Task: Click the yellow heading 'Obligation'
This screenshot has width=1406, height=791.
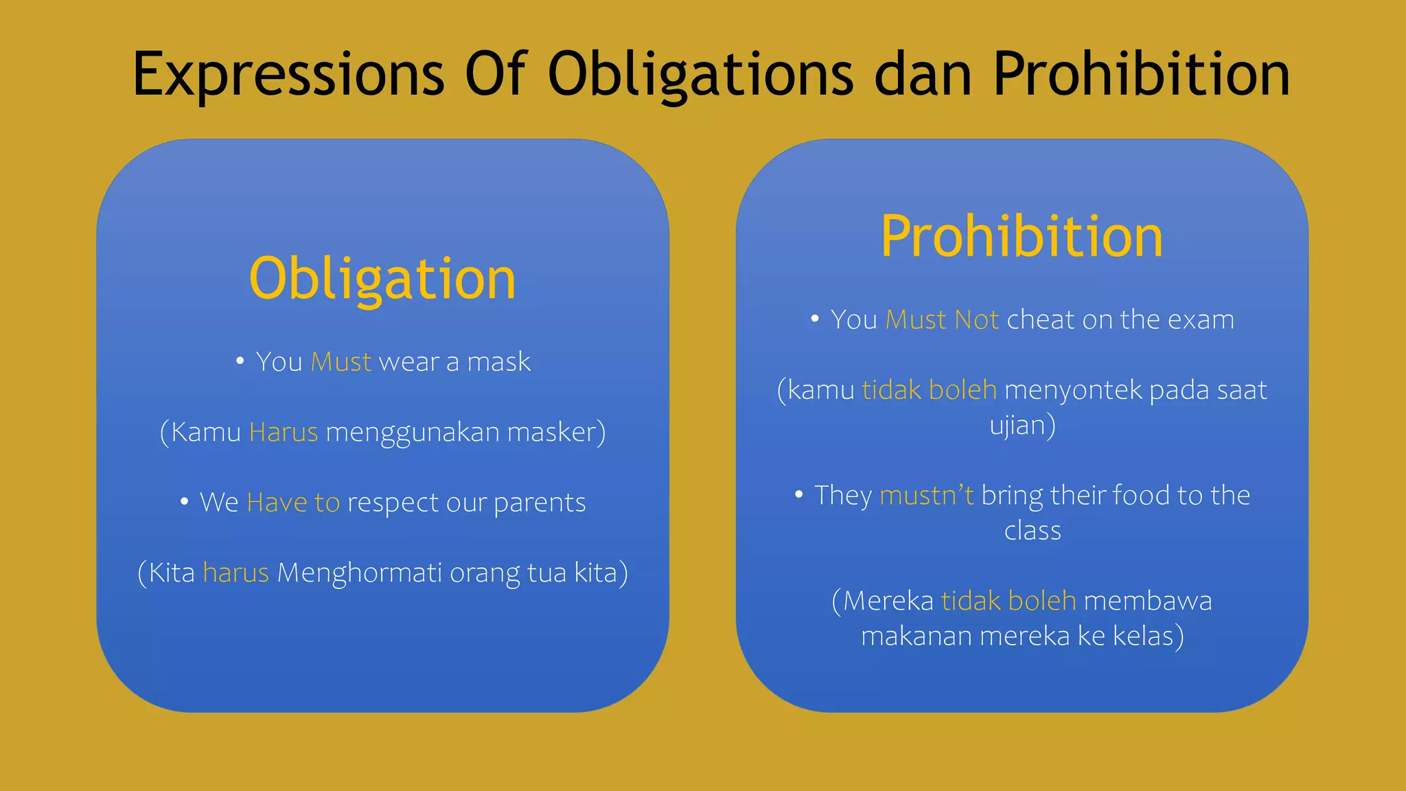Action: [382, 279]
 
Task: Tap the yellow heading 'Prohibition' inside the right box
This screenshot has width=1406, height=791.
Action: [1022, 237]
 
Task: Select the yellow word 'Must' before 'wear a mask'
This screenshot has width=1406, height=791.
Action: [341, 362]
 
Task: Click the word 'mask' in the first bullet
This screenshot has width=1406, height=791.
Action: [498, 362]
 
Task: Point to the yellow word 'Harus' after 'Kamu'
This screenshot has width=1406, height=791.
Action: [284, 433]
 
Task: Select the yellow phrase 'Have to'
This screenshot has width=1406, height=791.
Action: [293, 503]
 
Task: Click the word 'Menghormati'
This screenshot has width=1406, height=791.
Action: [359, 573]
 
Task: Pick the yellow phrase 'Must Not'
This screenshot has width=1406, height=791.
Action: [942, 320]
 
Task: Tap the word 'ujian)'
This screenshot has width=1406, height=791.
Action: [1022, 425]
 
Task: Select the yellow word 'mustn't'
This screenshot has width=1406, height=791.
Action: [926, 495]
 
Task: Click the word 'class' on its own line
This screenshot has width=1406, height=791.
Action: [1033, 531]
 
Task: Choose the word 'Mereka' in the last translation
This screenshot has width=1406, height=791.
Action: [888, 601]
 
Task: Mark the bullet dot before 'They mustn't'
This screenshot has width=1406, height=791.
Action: [799, 494]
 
